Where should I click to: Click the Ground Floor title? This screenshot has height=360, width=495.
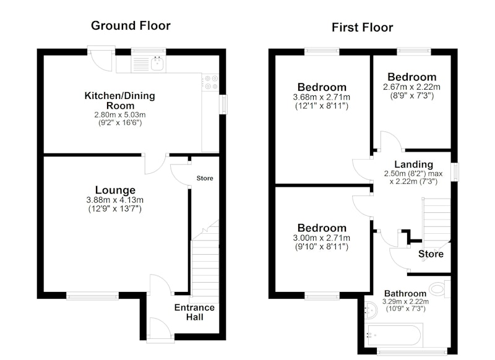(131, 25)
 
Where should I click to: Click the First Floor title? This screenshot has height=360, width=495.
(362, 27)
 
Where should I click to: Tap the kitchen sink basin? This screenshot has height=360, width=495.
(157, 64)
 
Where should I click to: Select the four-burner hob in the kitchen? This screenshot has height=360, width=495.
(210, 82)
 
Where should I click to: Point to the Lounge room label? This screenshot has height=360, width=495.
(115, 190)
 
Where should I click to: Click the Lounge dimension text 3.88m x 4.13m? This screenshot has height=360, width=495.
(115, 200)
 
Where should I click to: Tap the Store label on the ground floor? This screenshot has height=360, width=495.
(205, 178)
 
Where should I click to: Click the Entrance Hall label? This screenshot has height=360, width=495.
(194, 312)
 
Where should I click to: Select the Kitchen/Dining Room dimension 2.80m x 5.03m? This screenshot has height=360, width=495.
(120, 114)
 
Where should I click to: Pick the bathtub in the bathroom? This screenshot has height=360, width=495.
(393, 335)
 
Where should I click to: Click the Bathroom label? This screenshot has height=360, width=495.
(405, 294)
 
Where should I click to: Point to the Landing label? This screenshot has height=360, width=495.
(413, 165)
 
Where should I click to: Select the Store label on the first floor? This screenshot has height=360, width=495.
(431, 254)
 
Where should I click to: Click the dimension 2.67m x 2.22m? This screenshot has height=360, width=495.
(411, 87)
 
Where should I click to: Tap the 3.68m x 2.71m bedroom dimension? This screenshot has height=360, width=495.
(321, 97)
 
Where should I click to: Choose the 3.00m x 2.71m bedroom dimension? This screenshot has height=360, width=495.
(321, 238)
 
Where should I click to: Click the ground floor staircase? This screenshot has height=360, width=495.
(205, 262)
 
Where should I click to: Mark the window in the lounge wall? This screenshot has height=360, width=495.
(93, 295)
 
